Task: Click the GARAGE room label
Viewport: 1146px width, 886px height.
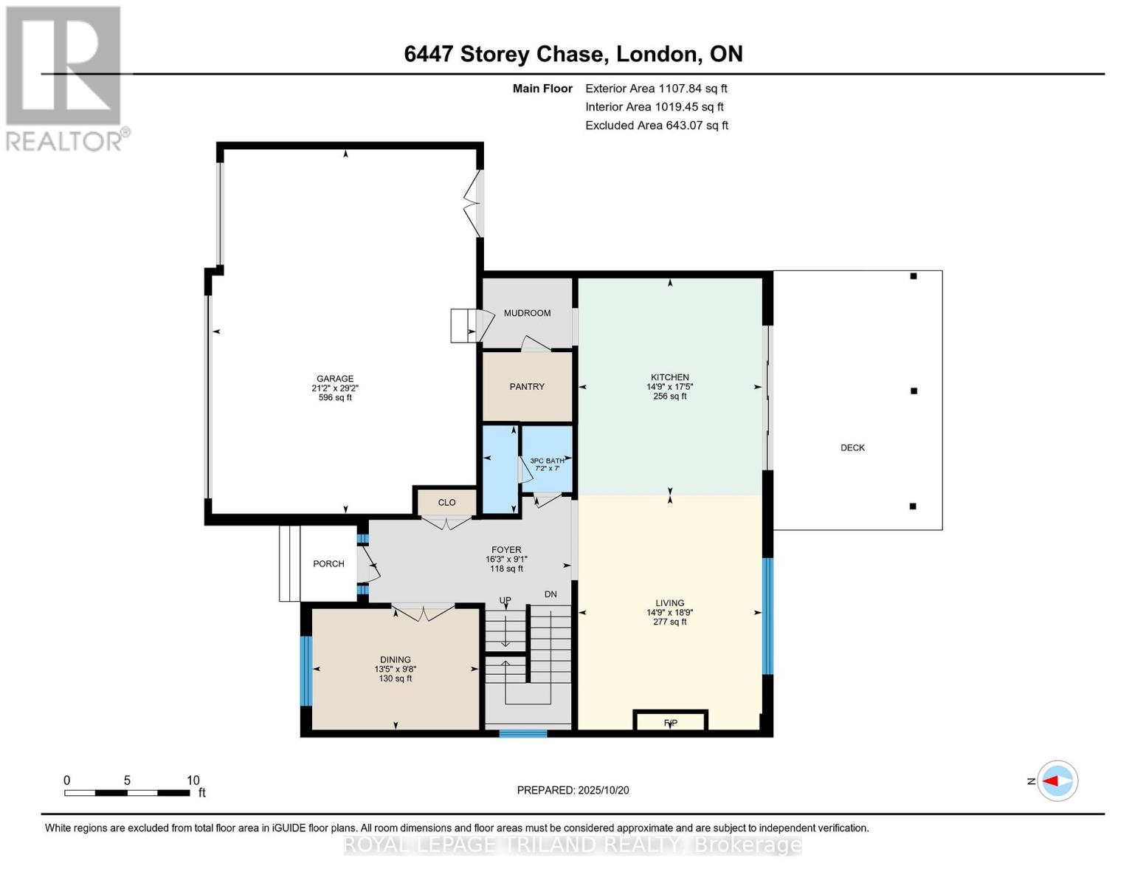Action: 335,379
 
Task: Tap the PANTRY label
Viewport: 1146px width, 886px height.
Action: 527,387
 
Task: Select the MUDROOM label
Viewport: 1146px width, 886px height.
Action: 527,313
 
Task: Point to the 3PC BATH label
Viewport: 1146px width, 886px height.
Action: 547,461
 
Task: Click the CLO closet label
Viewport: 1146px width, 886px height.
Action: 446,503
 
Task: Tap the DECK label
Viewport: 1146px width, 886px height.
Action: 852,448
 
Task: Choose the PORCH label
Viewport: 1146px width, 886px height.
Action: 328,564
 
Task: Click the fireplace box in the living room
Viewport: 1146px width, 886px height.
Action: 671,721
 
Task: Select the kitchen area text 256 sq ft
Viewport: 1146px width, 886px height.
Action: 670,396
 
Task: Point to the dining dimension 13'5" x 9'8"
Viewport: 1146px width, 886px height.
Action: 396,670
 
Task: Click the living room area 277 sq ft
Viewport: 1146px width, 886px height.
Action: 670,622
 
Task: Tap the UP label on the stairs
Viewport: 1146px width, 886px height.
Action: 505,600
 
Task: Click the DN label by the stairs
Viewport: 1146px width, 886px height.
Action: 550,594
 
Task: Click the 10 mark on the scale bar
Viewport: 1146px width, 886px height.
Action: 193,780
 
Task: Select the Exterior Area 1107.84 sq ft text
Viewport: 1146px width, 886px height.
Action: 656,89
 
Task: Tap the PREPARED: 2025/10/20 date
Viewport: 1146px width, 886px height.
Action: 573,790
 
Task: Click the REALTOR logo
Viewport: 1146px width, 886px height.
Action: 65,78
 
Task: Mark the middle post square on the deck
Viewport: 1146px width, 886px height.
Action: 914,391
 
